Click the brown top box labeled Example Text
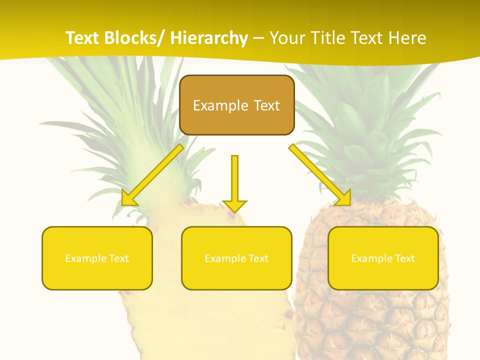coord(236,105)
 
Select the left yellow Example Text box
coord(97,258)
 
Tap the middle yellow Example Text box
coord(236,258)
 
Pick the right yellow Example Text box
coord(383,258)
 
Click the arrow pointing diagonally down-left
coord(153,174)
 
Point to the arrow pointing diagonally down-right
coord(320,174)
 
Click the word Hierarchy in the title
coord(209,38)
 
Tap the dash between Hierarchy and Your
coord(258,38)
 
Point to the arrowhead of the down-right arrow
coord(344,199)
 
